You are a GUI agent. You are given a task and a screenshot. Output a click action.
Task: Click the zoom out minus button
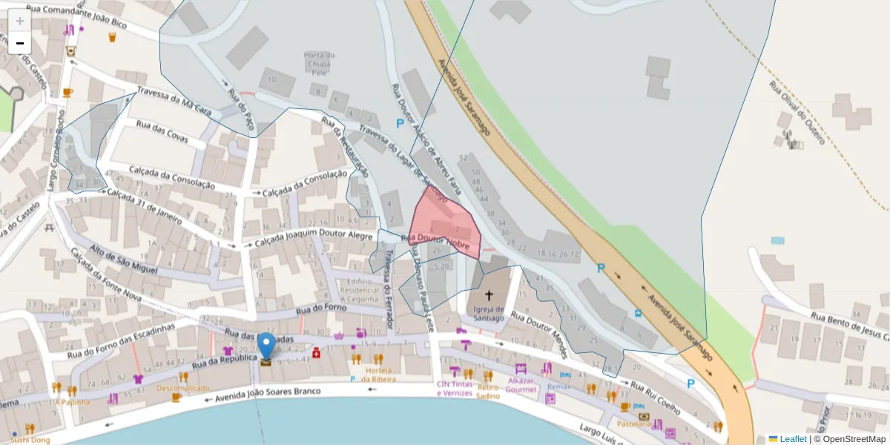(x=20, y=43)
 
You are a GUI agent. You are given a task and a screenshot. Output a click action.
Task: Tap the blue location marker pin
(x=266, y=347)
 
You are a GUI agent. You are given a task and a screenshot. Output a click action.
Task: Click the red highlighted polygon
(x=444, y=222)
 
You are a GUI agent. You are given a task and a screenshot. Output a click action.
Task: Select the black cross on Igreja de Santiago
(x=488, y=295)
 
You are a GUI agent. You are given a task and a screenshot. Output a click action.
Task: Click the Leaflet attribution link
(x=793, y=439)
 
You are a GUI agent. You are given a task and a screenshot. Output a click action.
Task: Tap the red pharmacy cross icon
(x=316, y=353)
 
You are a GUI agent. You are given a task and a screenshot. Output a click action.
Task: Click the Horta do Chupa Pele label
(x=320, y=64)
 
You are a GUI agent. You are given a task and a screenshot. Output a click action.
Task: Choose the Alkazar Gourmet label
(x=521, y=385)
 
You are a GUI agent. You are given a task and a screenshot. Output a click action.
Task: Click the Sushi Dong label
(x=30, y=440)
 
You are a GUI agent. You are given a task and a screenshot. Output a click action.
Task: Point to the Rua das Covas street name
(x=162, y=131)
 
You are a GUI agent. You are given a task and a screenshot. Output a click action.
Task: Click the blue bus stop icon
(x=639, y=312)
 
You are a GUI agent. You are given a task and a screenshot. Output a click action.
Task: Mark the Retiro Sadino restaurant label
(x=488, y=392)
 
